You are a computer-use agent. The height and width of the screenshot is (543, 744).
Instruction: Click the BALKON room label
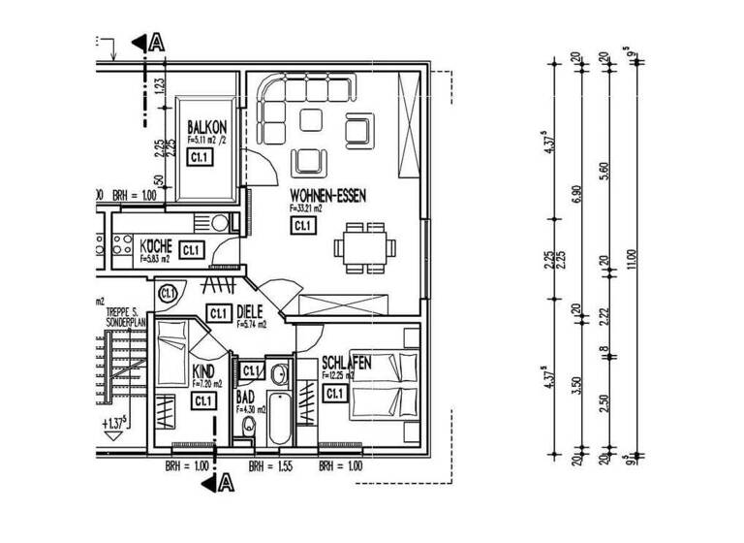click(x=206, y=126)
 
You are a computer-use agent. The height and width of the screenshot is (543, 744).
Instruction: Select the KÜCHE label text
click(x=156, y=245)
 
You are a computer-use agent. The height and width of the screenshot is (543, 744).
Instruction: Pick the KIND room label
click(x=203, y=371)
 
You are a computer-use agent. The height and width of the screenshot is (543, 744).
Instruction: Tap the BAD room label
click(x=245, y=398)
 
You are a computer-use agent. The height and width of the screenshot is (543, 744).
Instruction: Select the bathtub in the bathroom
click(x=280, y=418)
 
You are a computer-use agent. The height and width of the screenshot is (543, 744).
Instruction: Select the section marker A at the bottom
click(x=220, y=481)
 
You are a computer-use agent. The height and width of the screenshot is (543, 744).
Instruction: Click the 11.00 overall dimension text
click(x=635, y=261)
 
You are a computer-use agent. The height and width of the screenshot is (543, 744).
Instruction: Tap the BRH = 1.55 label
click(x=271, y=466)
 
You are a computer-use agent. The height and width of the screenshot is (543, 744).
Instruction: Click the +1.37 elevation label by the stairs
click(x=118, y=424)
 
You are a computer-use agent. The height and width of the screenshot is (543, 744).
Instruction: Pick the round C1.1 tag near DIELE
click(x=169, y=292)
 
